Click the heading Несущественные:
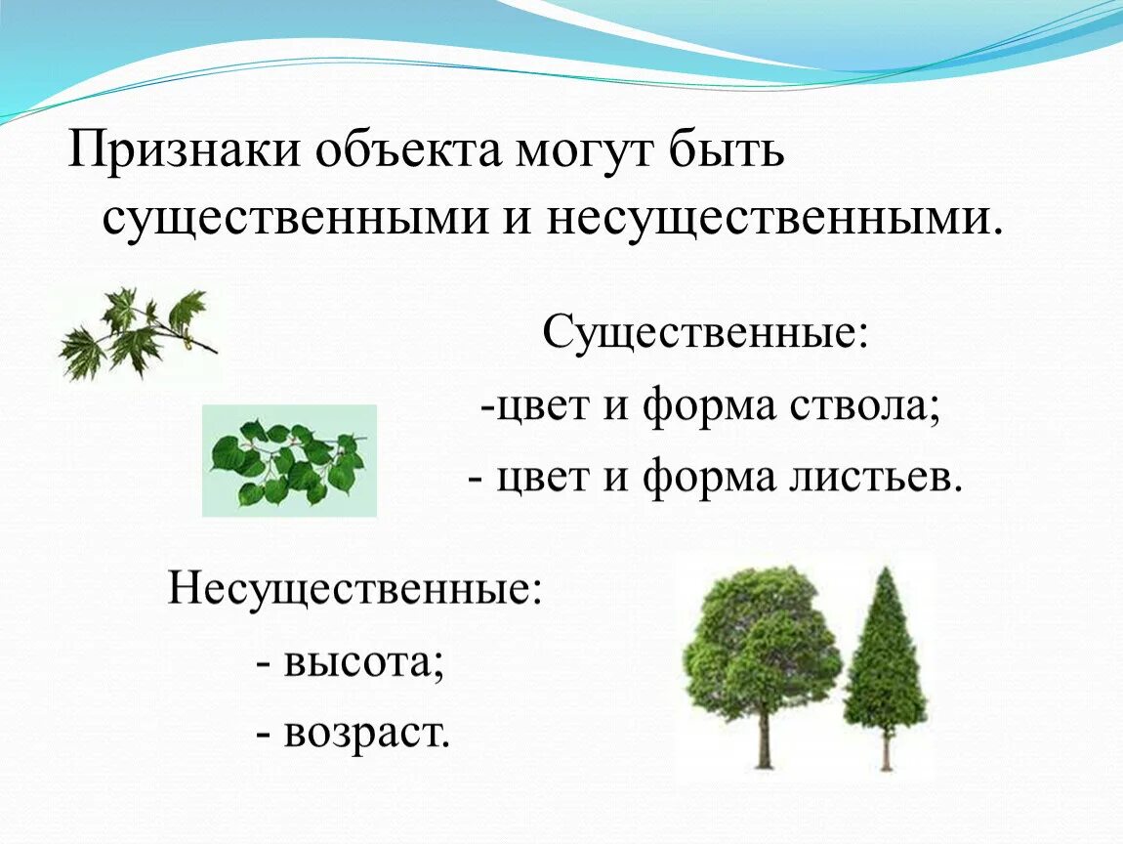point(354,589)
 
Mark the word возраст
point(367,733)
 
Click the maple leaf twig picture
point(137,332)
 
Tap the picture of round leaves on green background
point(289,460)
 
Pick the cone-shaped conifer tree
point(885,664)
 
